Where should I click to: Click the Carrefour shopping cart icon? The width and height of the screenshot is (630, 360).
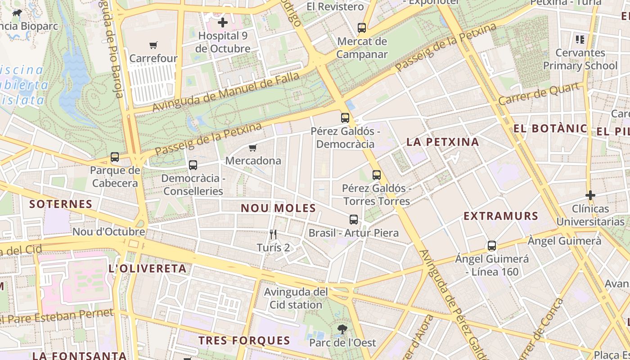click(x=153, y=45)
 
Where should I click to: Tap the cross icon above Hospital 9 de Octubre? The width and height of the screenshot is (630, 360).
click(x=223, y=22)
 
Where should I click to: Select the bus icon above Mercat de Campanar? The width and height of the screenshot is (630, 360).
click(x=362, y=28)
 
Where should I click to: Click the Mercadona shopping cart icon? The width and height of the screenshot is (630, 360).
click(x=253, y=148)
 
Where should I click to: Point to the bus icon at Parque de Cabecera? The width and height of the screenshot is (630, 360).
click(x=115, y=157)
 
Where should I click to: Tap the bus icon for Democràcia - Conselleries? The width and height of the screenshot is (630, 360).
click(x=193, y=165)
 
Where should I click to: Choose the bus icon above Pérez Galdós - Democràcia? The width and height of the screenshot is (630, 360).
click(x=345, y=118)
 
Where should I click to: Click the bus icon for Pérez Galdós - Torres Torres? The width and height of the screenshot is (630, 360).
click(x=377, y=175)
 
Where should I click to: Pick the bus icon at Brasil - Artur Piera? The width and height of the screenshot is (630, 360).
click(x=354, y=220)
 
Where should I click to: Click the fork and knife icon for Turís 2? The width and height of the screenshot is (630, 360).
click(x=273, y=234)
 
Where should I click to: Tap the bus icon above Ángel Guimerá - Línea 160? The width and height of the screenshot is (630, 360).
click(x=492, y=246)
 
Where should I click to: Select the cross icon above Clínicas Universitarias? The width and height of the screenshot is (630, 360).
click(x=590, y=195)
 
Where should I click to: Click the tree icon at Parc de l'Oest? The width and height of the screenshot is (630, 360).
click(x=342, y=329)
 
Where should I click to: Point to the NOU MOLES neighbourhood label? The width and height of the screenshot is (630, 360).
click(x=278, y=208)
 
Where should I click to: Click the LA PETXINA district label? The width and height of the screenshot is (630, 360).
click(x=443, y=142)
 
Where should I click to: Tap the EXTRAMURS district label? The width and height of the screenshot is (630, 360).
click(x=501, y=216)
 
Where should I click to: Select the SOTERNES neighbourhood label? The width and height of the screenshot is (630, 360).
click(x=61, y=204)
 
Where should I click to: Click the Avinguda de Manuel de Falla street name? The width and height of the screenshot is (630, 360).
click(x=226, y=92)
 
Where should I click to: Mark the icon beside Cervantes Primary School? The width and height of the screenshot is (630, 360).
click(x=580, y=40)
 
